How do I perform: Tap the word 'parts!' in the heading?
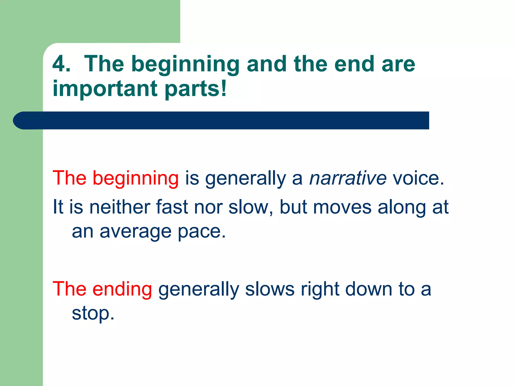click(196, 88)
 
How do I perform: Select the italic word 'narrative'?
click(348, 178)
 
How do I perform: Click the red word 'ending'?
click(122, 289)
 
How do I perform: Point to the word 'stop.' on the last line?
click(93, 314)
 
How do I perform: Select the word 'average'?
click(135, 232)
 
